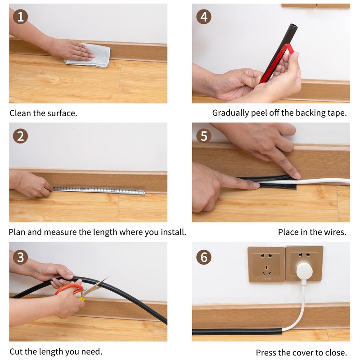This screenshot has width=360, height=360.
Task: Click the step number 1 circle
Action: (20, 17)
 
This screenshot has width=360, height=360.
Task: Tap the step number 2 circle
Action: (20, 136)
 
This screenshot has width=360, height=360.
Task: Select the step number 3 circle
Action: (20, 257)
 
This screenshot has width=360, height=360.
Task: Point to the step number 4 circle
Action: (204, 17)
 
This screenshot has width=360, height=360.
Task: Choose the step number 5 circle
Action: (204, 136)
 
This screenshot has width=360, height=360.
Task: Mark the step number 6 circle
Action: (204, 257)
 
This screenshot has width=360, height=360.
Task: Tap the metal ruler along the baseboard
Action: (99, 190)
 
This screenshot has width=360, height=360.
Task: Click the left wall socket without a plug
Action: (266, 264)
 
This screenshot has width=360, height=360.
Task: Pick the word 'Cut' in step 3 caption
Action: (16, 351)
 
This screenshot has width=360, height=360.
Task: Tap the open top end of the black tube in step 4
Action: (294, 26)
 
